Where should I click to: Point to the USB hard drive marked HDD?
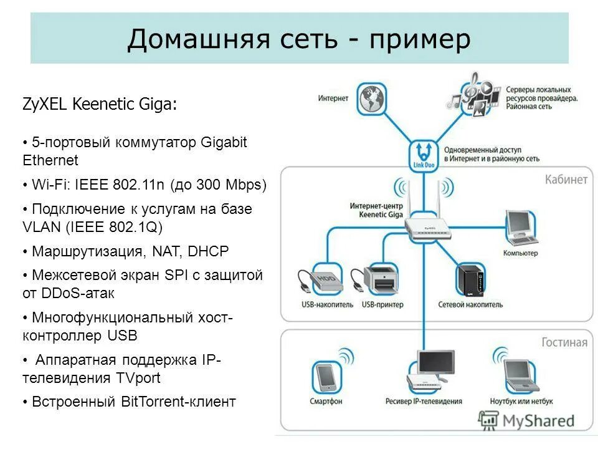(x=322, y=281)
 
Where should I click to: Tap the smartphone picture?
(x=325, y=376)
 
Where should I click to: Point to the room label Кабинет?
(x=566, y=180)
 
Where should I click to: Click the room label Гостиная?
(x=564, y=342)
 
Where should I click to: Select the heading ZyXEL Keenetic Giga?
(x=100, y=104)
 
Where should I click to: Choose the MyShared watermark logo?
(x=527, y=421)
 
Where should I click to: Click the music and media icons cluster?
(x=473, y=95)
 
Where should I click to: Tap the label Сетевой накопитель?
(x=470, y=305)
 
